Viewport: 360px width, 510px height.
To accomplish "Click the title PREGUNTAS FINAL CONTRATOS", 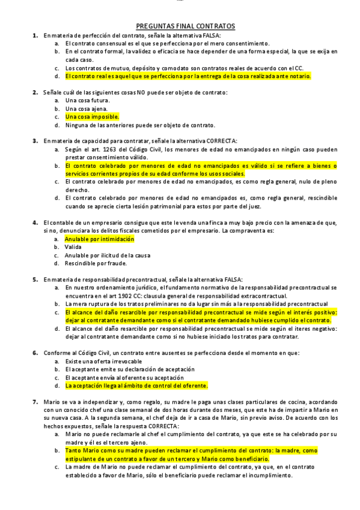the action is [x=185, y=26].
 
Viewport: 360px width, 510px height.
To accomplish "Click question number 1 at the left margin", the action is [x=35, y=35].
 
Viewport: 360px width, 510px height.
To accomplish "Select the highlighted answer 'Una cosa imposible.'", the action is [x=92, y=117].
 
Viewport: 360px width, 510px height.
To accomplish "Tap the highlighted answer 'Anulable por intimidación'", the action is [x=99, y=239].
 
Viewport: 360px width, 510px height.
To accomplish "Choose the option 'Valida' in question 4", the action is [x=73, y=247].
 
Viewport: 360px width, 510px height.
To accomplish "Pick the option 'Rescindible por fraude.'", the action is [x=97, y=263].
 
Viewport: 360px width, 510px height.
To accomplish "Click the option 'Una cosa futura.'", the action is [x=87, y=100].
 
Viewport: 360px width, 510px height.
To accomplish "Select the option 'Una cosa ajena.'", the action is [x=87, y=109].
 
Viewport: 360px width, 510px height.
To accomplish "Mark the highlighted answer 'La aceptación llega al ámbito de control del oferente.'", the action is [x=136, y=386].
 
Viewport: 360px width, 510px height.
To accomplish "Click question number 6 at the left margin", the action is [x=35, y=352].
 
